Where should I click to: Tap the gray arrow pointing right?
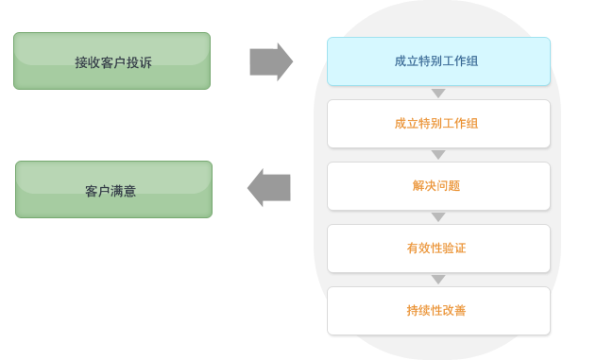click(x=271, y=62)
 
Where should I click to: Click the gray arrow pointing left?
click(x=268, y=187)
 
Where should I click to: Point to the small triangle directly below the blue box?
click(x=438, y=94)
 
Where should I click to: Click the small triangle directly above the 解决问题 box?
click(x=438, y=155)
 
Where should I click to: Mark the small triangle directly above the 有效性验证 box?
click(x=438, y=217)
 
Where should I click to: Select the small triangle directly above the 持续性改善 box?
click(x=438, y=280)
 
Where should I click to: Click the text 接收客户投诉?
click(x=113, y=63)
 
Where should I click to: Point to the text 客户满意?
click(x=111, y=191)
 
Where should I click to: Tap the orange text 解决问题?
click(x=436, y=186)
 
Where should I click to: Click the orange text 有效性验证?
click(x=436, y=249)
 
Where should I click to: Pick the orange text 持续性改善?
click(x=436, y=310)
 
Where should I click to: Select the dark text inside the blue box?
click(x=436, y=61)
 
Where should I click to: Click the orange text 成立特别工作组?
click(x=436, y=124)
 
